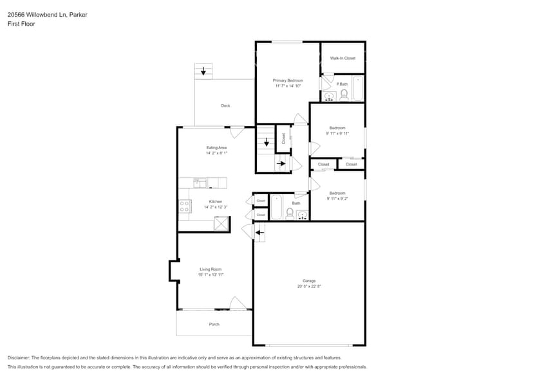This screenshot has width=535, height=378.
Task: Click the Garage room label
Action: pos(309,281)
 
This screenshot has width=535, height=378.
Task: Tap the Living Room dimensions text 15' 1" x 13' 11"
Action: pos(211,274)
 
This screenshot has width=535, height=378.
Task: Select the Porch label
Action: pos(214,324)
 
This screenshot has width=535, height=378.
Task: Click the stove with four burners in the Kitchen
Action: pos(185,206)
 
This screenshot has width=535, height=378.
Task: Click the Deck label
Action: pos(225,105)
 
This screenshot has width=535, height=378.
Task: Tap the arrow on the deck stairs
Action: pos(203,71)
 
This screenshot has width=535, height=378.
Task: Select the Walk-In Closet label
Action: pos(343,58)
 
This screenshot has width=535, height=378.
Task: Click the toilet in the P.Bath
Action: pos(344,94)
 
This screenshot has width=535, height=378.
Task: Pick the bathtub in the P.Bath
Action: pos(357,89)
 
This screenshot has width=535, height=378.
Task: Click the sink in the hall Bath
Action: pos(302,215)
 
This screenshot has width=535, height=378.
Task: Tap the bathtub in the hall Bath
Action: pos(276,207)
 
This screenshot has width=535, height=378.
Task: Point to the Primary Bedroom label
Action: pos(288,80)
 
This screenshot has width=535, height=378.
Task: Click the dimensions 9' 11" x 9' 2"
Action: pos(337,199)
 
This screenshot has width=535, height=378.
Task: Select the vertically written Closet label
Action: pos(283,138)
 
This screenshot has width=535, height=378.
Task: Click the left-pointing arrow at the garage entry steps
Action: pos(259,233)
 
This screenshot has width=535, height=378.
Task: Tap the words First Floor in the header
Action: pos(21,24)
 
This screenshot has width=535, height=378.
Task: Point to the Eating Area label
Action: pos(216,148)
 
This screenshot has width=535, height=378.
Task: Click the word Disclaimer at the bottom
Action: pos(19,357)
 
